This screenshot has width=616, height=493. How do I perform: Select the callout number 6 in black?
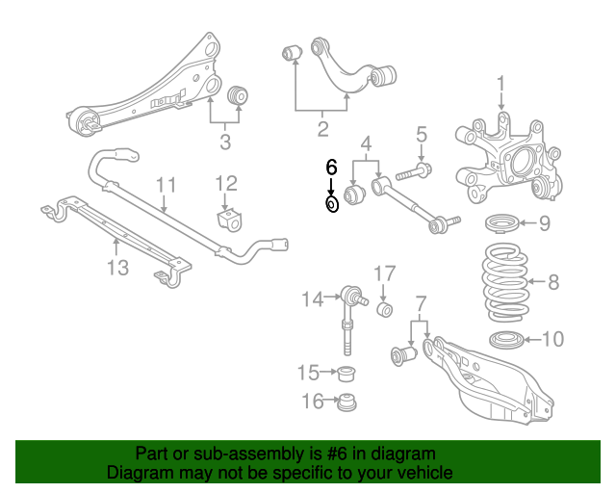tap(331, 167)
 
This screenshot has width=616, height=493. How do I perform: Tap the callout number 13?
tap(116, 268)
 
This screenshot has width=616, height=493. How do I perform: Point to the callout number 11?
tap(165, 183)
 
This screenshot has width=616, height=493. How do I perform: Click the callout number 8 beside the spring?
tap(552, 282)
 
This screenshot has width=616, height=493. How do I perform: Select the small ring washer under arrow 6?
tap(332, 203)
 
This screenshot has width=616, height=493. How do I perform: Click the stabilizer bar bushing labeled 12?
tap(229, 220)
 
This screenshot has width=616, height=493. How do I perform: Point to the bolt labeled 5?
tap(412, 174)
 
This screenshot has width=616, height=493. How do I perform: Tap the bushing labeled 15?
tap(348, 372)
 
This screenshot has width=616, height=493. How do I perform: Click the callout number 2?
tap(322, 127)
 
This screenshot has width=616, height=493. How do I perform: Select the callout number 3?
tap(225, 144)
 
